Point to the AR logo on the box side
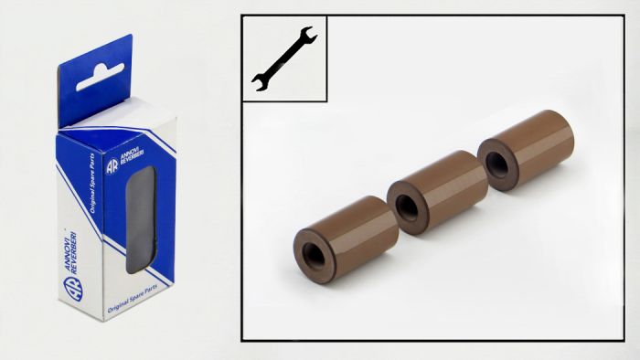112,167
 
